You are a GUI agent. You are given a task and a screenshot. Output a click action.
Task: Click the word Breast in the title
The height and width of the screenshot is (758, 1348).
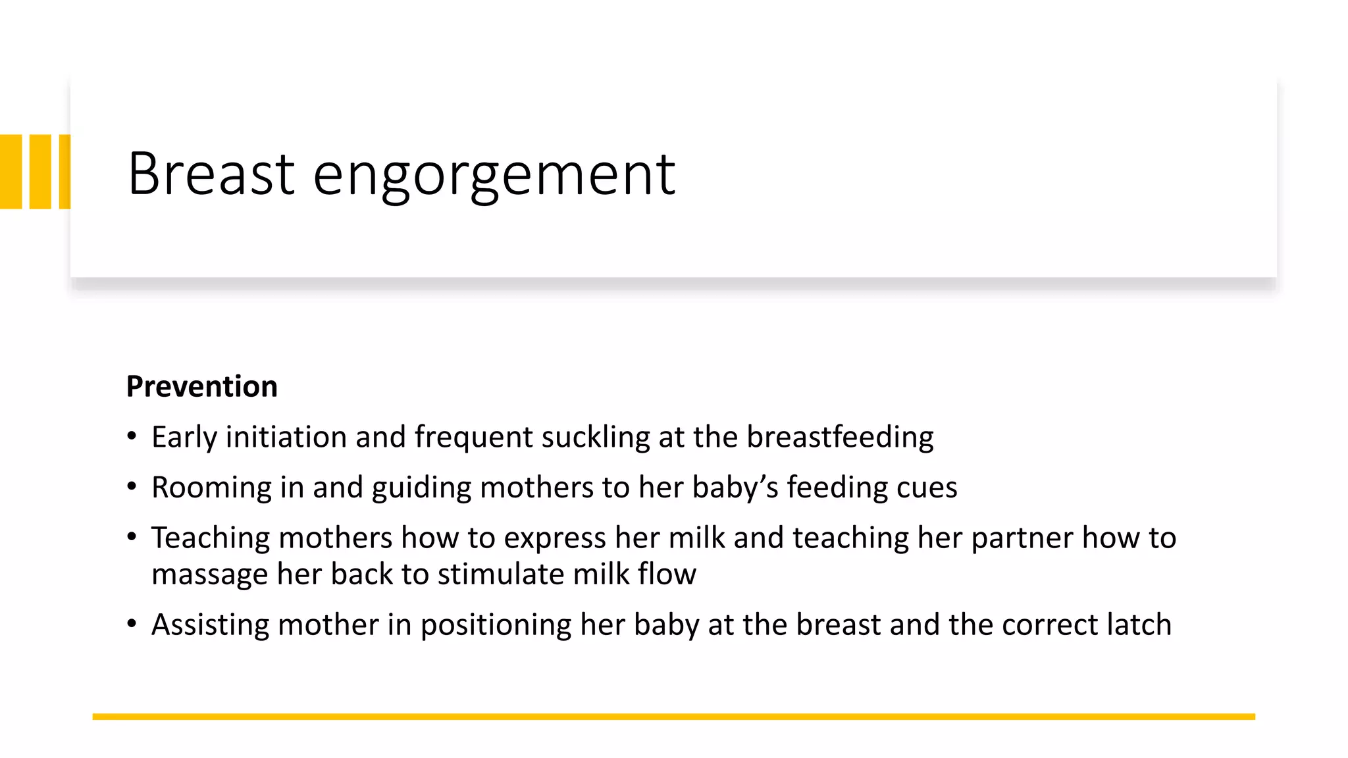[x=211, y=174]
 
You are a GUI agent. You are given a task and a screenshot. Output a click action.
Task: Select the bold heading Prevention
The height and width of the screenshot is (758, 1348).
[x=201, y=386]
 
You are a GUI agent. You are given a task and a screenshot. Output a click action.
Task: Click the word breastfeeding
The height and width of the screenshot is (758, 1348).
[x=840, y=438]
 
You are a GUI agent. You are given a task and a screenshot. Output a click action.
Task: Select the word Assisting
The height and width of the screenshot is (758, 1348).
[x=210, y=625]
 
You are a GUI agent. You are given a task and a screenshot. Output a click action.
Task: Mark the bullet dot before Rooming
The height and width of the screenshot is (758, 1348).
[x=132, y=487]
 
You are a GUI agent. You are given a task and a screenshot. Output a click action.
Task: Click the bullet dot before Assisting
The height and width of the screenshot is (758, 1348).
[x=132, y=623]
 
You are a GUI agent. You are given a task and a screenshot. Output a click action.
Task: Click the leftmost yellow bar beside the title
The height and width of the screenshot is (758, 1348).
[x=11, y=172]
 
